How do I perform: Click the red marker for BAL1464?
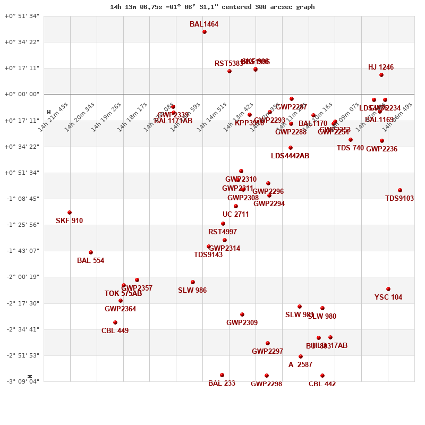(205, 32)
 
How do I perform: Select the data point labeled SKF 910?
(70, 212)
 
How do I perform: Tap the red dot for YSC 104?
(388, 289)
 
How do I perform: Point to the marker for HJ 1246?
(381, 75)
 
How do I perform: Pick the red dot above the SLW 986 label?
(193, 282)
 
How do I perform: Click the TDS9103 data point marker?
(400, 190)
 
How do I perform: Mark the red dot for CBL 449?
(115, 322)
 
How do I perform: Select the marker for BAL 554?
(91, 252)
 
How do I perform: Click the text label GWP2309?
(242, 322)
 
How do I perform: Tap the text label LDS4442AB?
(290, 156)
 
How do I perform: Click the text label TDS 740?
(351, 148)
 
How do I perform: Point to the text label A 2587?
(300, 364)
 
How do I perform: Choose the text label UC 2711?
(236, 215)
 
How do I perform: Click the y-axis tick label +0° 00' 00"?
(22, 95)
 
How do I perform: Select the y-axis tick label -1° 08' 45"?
(22, 199)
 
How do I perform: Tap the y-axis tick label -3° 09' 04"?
(22, 381)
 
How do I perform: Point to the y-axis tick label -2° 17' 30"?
(22, 303)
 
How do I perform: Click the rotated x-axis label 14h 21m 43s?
(53, 117)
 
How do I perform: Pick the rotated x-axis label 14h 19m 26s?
(106, 117)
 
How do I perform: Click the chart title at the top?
(212, 7)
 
